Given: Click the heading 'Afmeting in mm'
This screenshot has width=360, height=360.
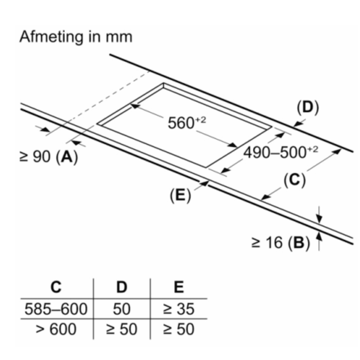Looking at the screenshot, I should tap(76, 37).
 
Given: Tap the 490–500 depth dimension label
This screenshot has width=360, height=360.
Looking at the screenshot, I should tap(280, 152).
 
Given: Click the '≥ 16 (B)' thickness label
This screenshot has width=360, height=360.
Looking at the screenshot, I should tap(280, 243).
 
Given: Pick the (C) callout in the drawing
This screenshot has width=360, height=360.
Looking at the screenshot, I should tap(295, 179).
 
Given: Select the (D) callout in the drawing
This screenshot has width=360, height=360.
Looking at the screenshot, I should tap(308, 108).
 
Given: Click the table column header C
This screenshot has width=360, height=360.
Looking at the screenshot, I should tap(56, 287).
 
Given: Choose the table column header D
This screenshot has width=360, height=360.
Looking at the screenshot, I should tap(122, 287).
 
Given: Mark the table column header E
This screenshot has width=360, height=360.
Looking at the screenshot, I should tap(178, 287).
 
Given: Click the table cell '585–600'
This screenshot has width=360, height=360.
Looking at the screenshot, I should tap(56, 309).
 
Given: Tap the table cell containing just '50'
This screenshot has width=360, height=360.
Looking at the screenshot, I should tap(122, 309).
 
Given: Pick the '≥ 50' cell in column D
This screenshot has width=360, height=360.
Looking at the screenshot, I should tap(122, 329).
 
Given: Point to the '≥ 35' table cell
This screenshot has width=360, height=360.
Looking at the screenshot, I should tap(178, 309).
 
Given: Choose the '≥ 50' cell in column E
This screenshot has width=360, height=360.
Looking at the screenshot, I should tap(178, 329).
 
